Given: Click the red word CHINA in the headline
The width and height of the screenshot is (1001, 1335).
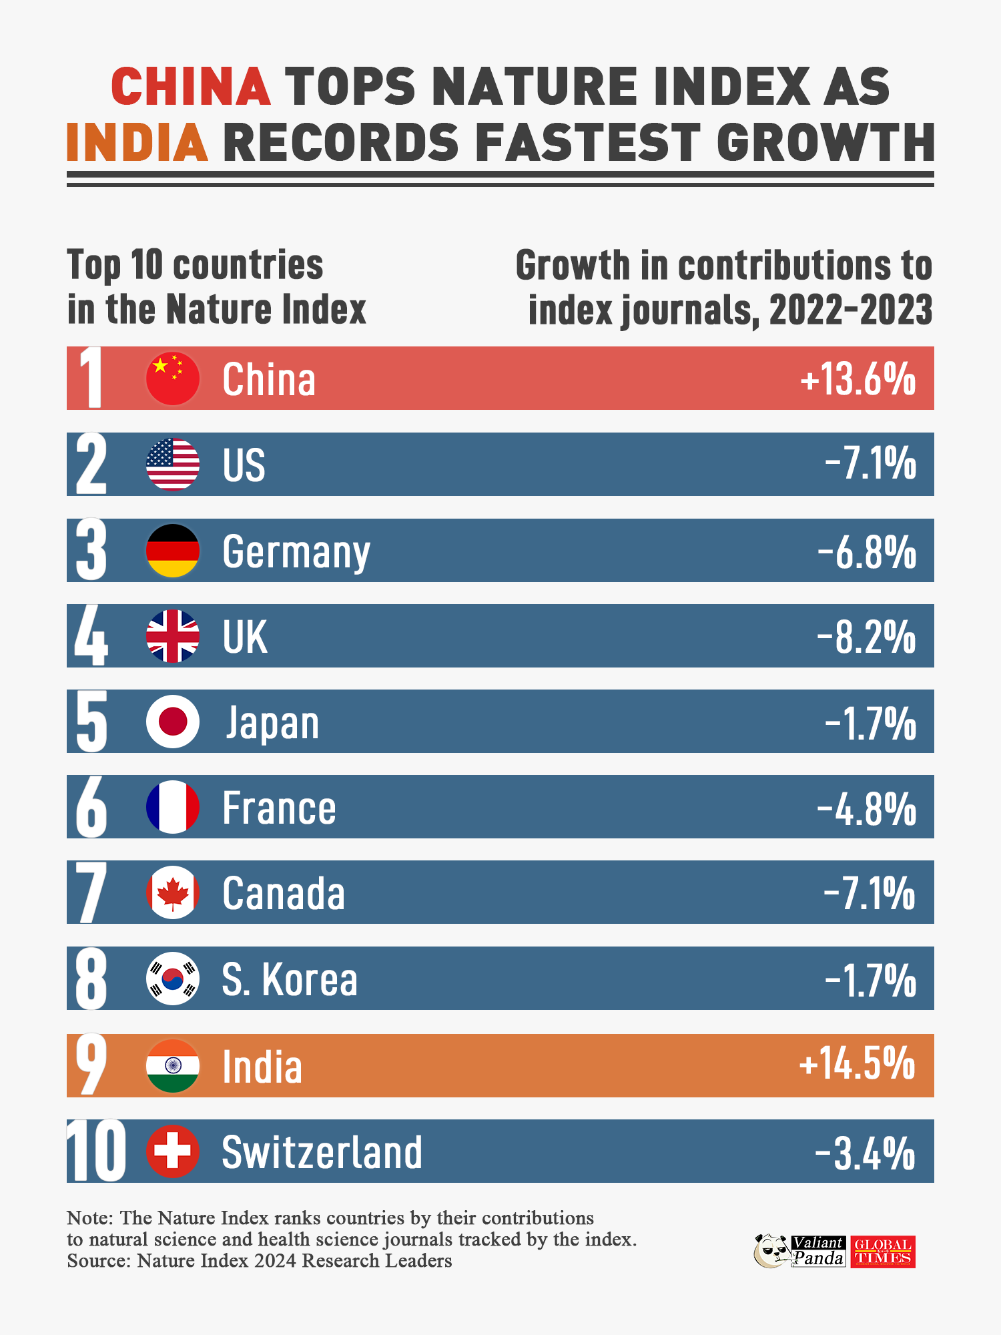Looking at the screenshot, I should (x=191, y=87).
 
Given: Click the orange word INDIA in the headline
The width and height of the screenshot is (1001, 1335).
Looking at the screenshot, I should (x=137, y=143).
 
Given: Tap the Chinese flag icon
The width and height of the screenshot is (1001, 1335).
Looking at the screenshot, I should (x=173, y=378).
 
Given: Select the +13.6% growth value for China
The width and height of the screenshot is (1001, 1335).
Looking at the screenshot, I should (x=858, y=379).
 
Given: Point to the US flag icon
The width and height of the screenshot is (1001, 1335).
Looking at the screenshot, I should (x=173, y=465).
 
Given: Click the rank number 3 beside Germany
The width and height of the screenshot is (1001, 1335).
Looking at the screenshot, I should (x=91, y=551).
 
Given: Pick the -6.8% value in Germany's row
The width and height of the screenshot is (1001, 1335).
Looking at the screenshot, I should (x=867, y=551).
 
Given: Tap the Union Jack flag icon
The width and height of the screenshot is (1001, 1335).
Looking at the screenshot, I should (x=173, y=636).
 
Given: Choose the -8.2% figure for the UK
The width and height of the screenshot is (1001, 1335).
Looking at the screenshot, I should (x=866, y=637).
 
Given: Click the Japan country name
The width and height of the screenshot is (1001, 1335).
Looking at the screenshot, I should (x=272, y=723).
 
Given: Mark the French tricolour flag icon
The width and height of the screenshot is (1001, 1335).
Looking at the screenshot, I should (x=173, y=807).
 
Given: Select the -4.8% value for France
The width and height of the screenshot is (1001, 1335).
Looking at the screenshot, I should (x=866, y=808).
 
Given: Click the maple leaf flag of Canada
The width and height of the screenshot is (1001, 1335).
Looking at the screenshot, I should (x=173, y=893).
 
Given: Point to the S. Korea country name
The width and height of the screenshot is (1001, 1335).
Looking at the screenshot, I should (x=290, y=979).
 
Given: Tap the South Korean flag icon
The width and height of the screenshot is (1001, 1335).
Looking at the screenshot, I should (x=173, y=979).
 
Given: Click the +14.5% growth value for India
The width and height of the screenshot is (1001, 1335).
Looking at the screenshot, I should (x=858, y=1064).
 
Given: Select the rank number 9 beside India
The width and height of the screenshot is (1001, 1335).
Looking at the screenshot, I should (x=91, y=1065).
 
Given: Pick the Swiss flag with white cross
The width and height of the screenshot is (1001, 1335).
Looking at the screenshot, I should (x=173, y=1151).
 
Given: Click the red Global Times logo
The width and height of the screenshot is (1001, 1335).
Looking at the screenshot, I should (x=883, y=1252).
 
